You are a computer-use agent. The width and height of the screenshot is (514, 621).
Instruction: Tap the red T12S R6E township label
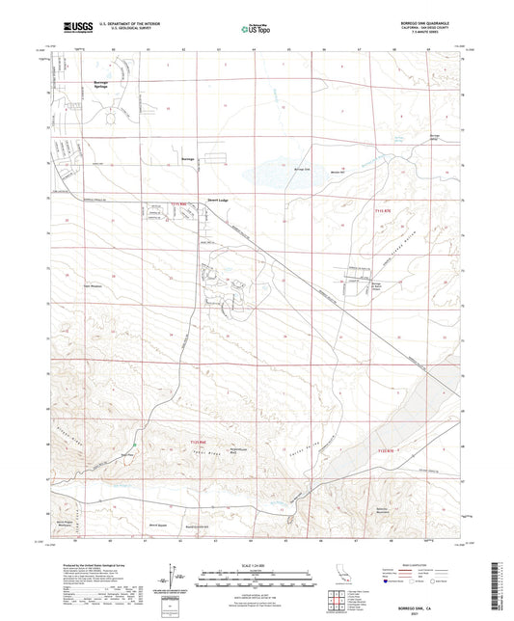189,443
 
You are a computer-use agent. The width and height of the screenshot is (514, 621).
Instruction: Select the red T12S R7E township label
387,450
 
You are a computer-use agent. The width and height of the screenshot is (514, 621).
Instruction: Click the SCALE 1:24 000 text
256,563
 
